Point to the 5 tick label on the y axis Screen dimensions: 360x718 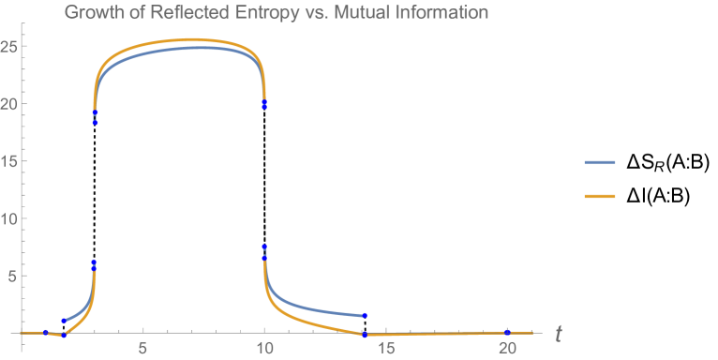pos(13,276)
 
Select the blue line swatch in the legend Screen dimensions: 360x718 pos(600,162)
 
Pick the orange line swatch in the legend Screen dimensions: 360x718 pos(600,197)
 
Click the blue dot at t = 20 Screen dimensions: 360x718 pos(507,332)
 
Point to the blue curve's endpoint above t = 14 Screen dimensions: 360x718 pos(364,315)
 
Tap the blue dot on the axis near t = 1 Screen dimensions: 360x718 pos(46,332)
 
